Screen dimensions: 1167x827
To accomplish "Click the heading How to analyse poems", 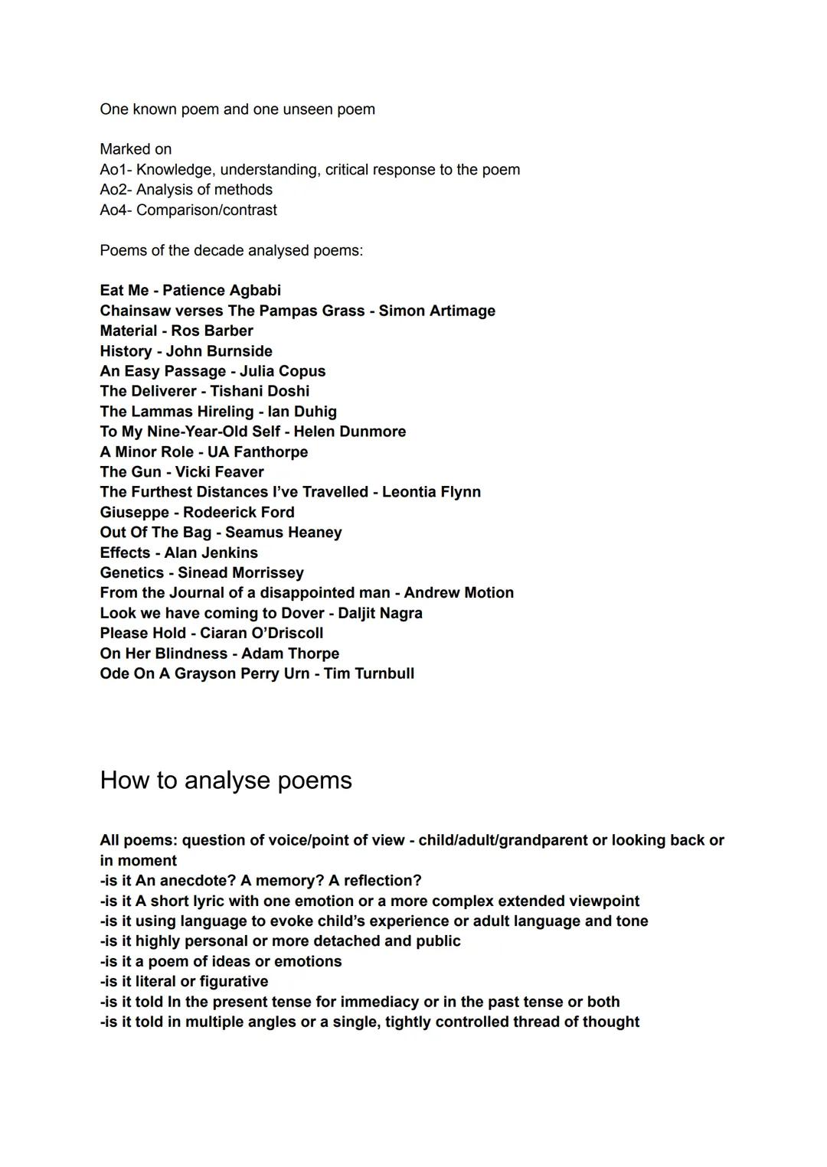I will pos(226,781).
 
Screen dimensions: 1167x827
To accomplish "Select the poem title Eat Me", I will pos(124,291).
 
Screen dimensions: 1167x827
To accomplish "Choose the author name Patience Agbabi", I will pos(221,291).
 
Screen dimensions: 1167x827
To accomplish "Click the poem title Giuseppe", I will pos(134,513).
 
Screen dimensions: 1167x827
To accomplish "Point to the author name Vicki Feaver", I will pos(219,472).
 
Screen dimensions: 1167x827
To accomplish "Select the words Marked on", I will pos(136,149).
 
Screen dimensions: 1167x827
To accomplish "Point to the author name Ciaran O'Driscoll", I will pos(261,634).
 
